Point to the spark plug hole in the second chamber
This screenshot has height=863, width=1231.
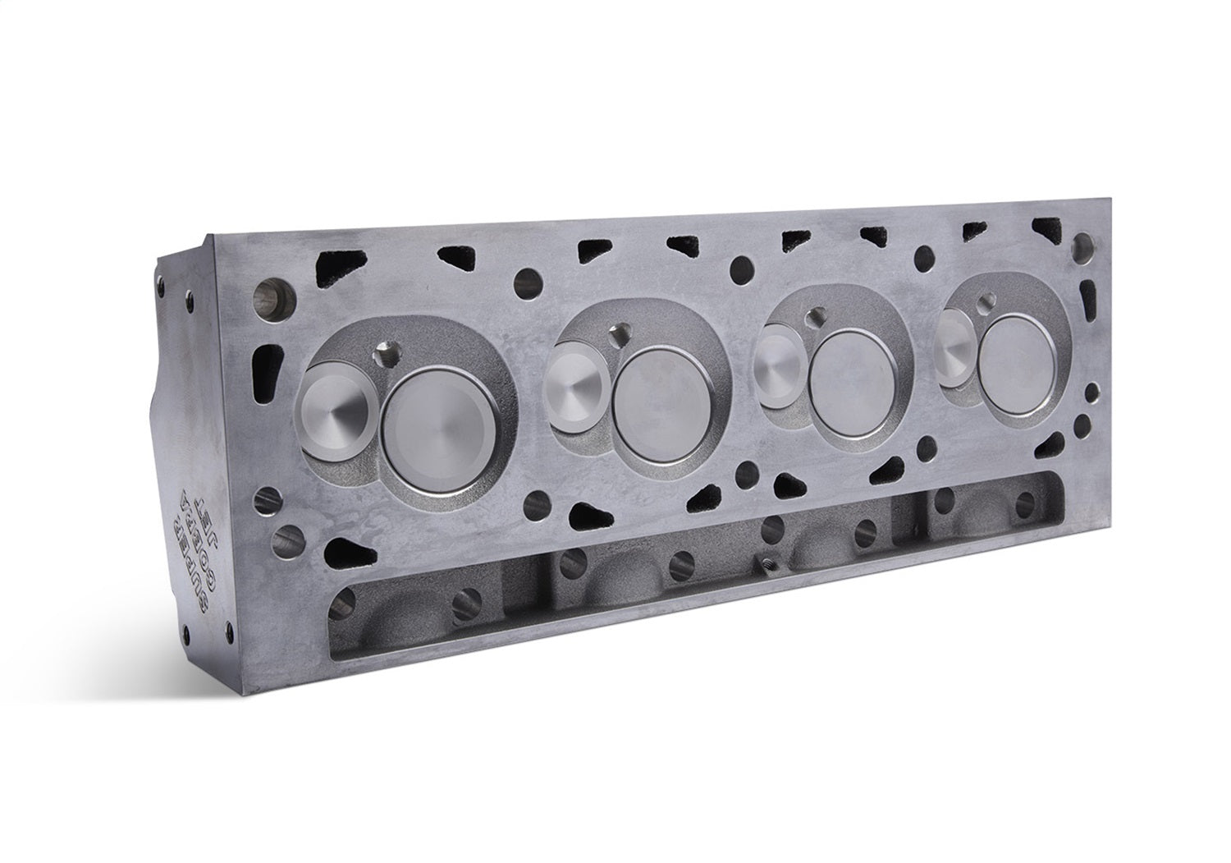[620, 334]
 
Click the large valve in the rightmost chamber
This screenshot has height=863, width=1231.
[1016, 363]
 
